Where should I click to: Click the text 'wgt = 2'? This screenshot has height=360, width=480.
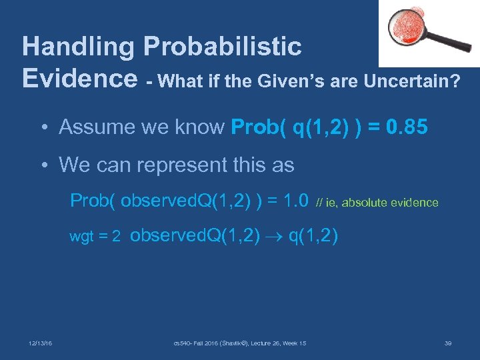point(95,237)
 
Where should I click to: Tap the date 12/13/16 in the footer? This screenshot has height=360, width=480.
point(41,343)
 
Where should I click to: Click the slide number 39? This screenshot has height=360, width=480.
point(448,343)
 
